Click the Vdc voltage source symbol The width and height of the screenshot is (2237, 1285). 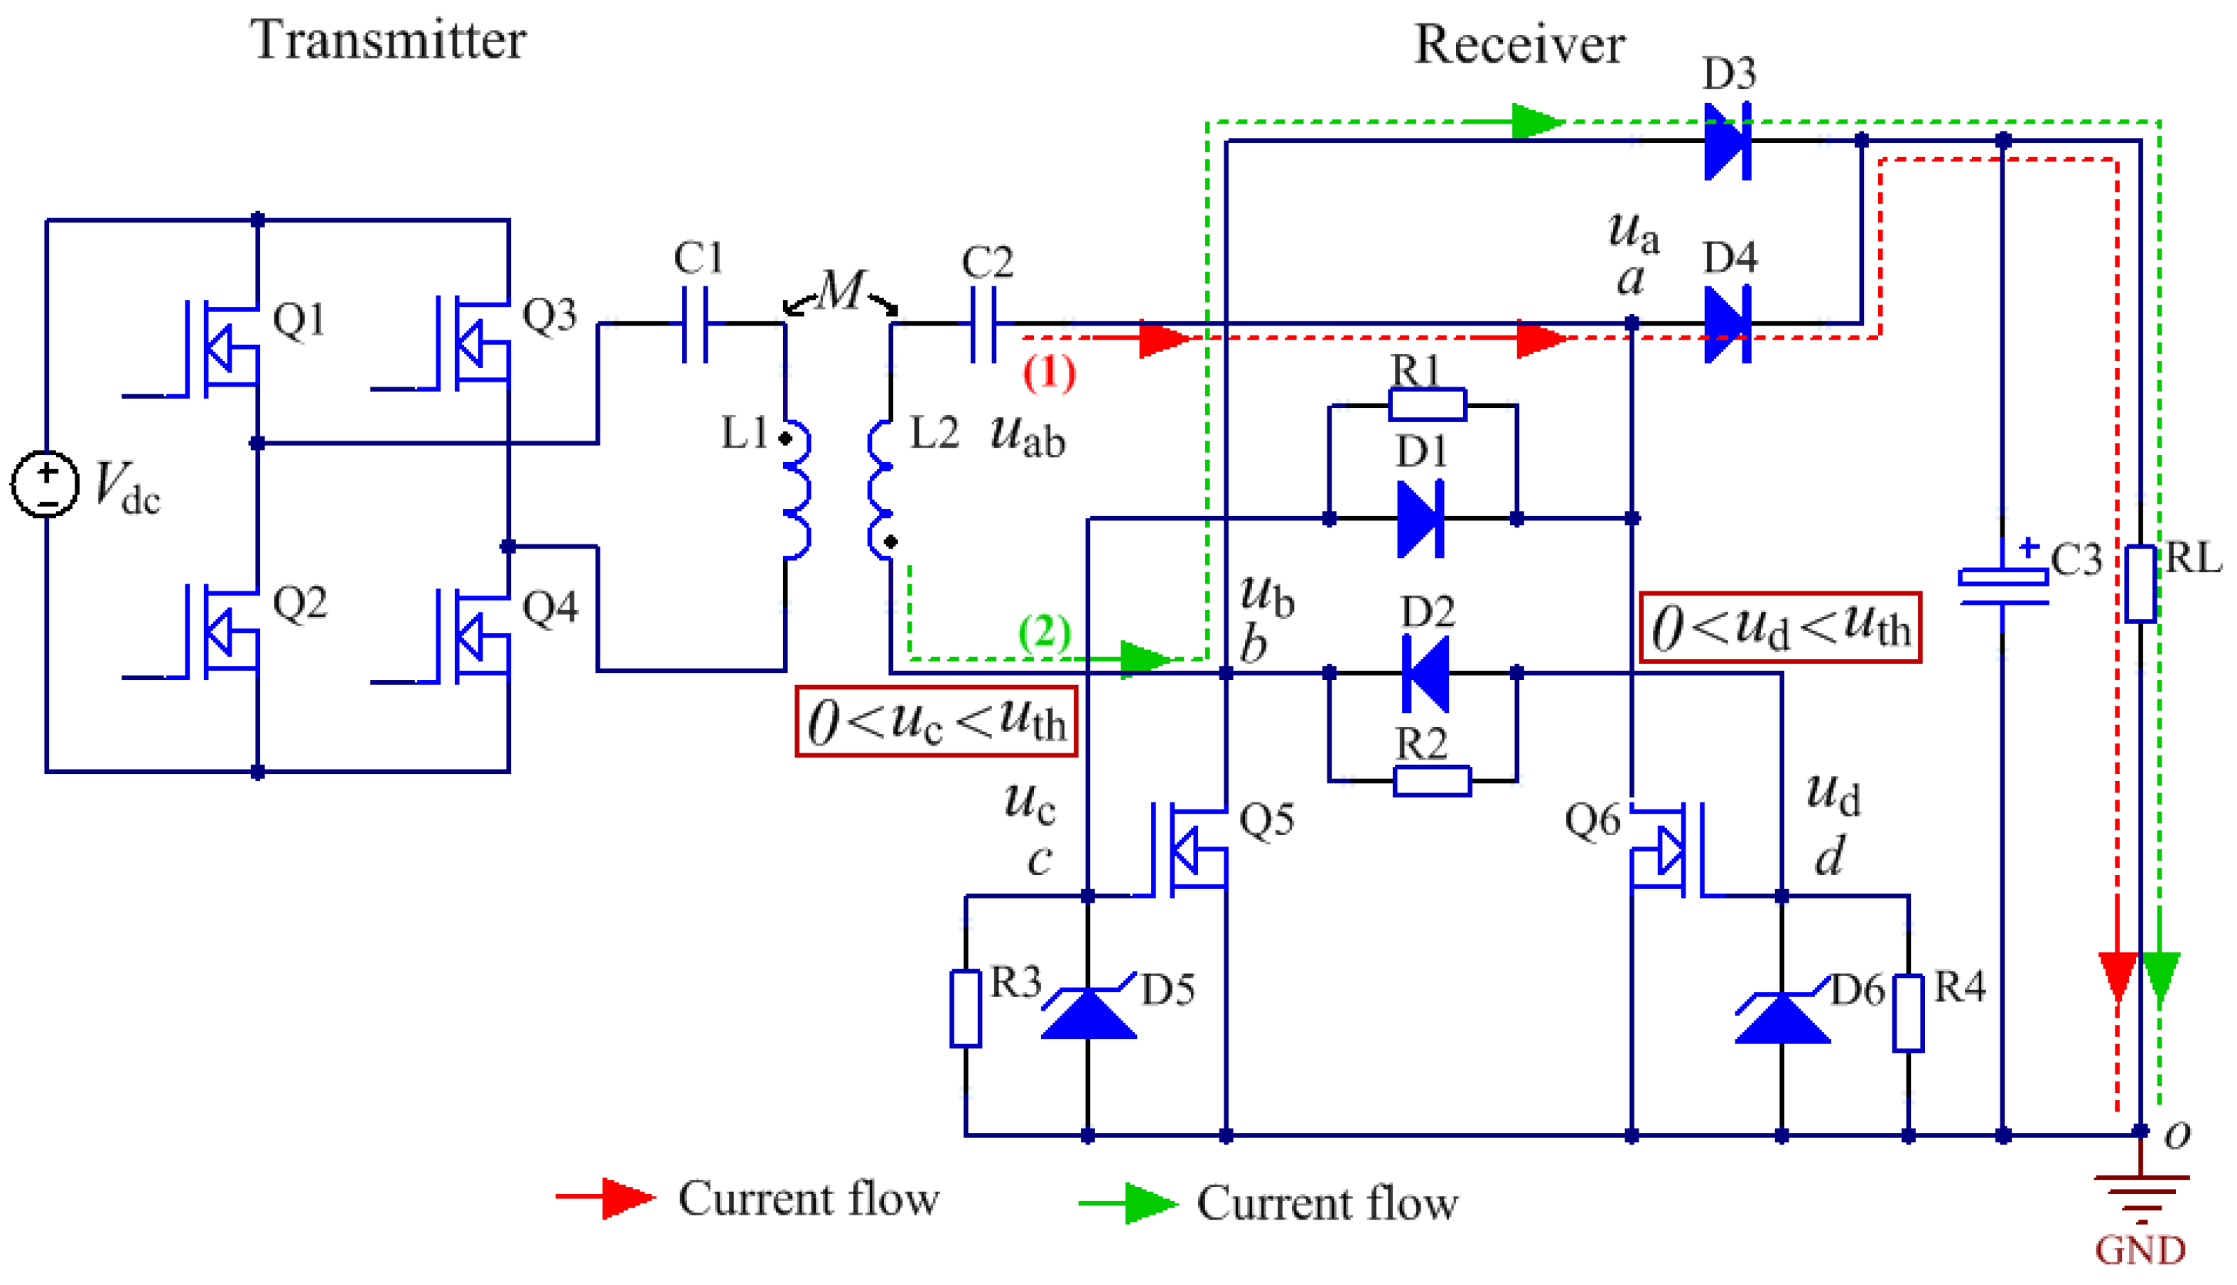(45, 483)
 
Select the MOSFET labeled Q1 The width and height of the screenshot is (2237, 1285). (220, 348)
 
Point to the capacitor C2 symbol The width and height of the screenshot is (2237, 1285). (983, 324)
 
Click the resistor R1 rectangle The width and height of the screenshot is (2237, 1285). (1427, 405)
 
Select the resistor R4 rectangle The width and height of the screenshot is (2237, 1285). (1908, 1014)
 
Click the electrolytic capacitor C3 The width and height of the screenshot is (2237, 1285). (2002, 588)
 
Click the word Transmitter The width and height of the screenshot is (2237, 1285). (388, 40)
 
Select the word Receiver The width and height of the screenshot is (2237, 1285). (1519, 44)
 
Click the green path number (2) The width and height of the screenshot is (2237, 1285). (1045, 632)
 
